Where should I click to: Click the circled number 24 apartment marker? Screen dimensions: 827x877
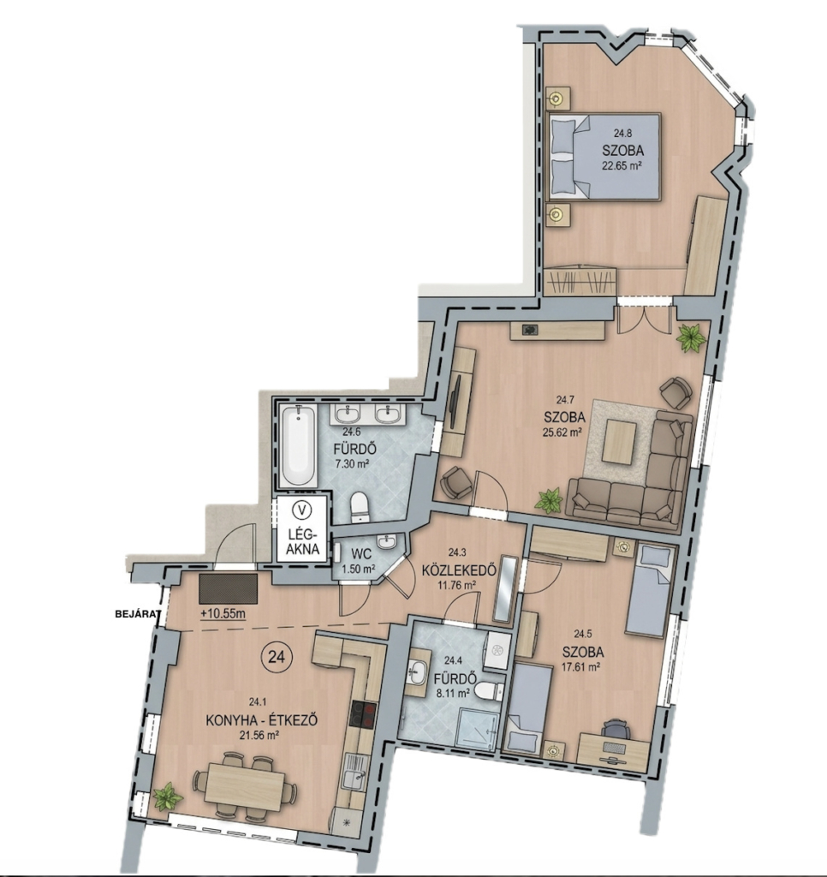pos(277,657)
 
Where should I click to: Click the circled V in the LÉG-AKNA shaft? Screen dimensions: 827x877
pos(302,510)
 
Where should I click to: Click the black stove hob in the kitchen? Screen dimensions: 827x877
pos(363,714)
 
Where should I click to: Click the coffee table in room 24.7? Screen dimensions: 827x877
pos(619,441)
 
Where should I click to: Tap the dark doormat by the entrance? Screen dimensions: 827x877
pos(228,589)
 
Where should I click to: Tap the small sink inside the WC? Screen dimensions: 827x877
pos(386,542)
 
